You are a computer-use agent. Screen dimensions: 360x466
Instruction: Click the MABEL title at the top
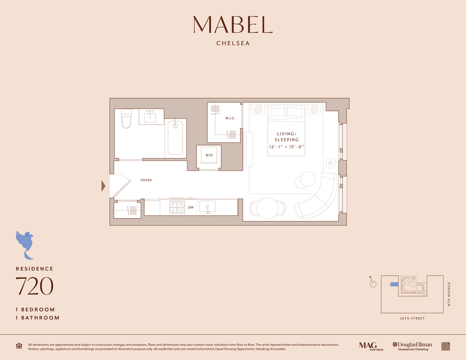233,25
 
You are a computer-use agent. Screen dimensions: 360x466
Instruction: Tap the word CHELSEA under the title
233,43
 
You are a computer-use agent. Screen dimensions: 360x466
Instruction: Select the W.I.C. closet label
230,118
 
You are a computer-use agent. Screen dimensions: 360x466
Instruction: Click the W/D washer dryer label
209,155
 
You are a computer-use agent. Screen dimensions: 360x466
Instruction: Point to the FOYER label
146,180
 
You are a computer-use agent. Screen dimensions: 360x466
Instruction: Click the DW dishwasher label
191,207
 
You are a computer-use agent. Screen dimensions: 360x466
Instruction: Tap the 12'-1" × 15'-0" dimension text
287,147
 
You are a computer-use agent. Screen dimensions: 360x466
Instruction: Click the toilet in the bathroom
126,118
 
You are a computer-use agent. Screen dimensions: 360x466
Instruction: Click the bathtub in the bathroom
175,138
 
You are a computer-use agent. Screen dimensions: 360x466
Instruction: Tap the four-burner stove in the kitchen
177,207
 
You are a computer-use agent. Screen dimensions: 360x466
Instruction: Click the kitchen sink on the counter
207,207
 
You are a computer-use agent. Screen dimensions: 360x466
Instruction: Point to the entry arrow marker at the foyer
103,186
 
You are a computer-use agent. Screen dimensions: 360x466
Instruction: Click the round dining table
267,208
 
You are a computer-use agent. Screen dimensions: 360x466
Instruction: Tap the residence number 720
34,287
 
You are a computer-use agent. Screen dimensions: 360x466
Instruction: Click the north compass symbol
373,283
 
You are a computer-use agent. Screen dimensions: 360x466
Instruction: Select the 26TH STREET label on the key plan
412,318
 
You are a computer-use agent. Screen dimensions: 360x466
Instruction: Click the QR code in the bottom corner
445,346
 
